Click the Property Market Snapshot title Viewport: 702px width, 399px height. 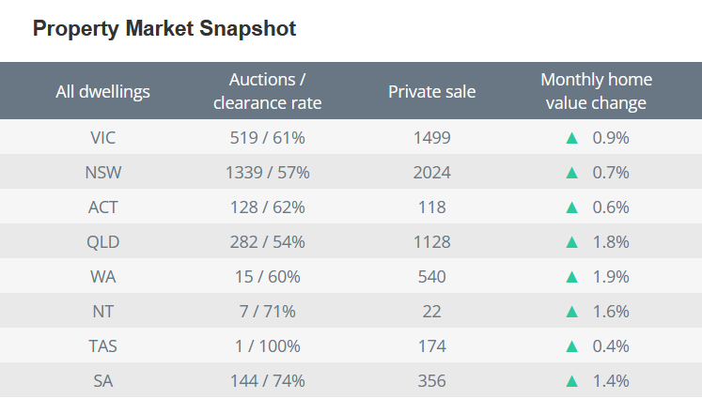click(164, 29)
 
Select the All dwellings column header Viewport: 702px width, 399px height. click(103, 91)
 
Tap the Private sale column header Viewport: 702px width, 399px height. click(431, 91)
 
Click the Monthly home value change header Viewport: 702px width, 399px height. click(596, 91)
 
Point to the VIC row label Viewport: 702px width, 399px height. click(103, 137)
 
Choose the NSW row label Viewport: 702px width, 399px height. click(103, 172)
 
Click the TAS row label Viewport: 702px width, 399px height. click(103, 345)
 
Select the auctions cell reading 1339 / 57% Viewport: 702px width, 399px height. click(268, 172)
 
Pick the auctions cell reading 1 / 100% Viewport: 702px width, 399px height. click(268, 345)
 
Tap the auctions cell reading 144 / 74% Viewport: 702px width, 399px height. click(268, 380)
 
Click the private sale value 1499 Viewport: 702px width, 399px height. click(431, 137)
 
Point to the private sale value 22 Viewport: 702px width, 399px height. click(431, 311)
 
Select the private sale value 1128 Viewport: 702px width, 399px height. click(431, 241)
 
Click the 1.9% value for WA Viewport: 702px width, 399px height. click(610, 276)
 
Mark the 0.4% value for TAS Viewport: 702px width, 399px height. click(610, 345)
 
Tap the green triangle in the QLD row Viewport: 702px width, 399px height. click(571, 241)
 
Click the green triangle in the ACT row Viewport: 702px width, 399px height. click(571, 207)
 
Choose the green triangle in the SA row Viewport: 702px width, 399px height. click(571, 380)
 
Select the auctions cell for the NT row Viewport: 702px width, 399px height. click(268, 311)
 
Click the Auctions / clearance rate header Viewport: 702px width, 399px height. click(268, 91)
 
